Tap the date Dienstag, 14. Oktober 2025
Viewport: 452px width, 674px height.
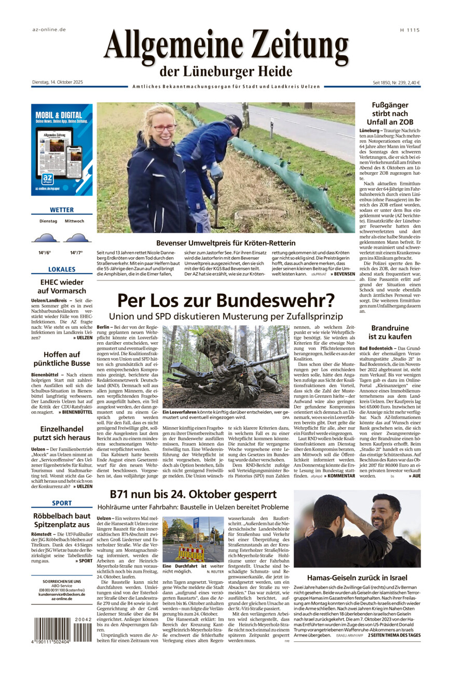[57, 82]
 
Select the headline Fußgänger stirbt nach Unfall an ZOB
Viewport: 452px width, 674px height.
[390, 113]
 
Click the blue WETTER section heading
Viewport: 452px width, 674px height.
[62, 210]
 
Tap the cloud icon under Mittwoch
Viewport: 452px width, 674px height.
[77, 238]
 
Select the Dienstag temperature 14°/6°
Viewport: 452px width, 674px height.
[45, 252]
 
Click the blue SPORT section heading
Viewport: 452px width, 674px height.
[62, 503]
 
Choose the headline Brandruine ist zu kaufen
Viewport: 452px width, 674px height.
[390, 332]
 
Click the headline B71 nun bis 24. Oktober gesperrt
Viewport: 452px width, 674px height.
[194, 494]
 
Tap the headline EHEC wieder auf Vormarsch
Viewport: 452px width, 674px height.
[62, 287]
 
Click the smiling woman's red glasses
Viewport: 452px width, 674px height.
[165, 127]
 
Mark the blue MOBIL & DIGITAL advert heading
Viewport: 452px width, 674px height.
[59, 115]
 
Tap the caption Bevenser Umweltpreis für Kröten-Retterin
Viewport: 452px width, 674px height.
[226, 243]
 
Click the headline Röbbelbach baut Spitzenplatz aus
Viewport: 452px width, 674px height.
[62, 521]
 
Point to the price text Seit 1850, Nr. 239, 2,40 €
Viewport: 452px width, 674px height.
[396, 82]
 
